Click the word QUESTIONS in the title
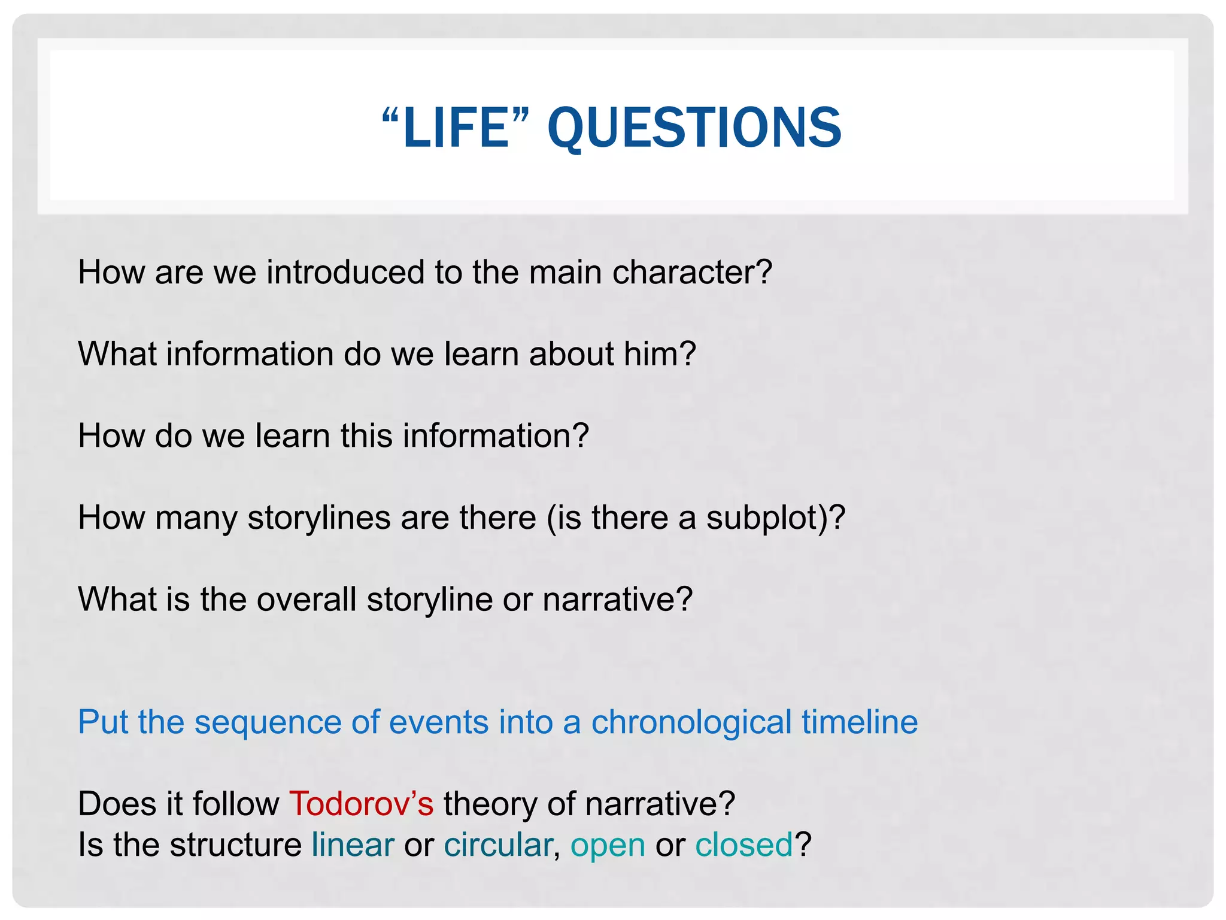[x=694, y=128]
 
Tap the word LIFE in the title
[x=456, y=128]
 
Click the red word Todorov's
[x=361, y=803]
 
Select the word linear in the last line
[x=353, y=845]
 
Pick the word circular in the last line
[x=498, y=845]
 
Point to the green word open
[x=608, y=846]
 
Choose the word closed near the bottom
[x=744, y=845]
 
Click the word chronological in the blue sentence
[x=691, y=722]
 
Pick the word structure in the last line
[x=235, y=845]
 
